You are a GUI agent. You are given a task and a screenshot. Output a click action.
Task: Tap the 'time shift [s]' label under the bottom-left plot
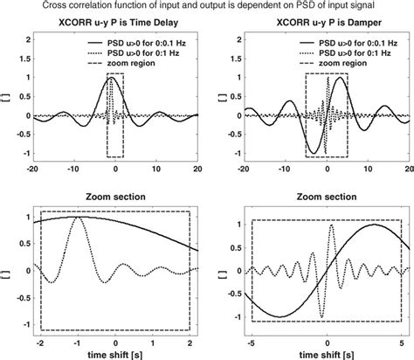tap(114, 353)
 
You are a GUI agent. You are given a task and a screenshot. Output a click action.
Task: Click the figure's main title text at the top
tap(207, 5)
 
